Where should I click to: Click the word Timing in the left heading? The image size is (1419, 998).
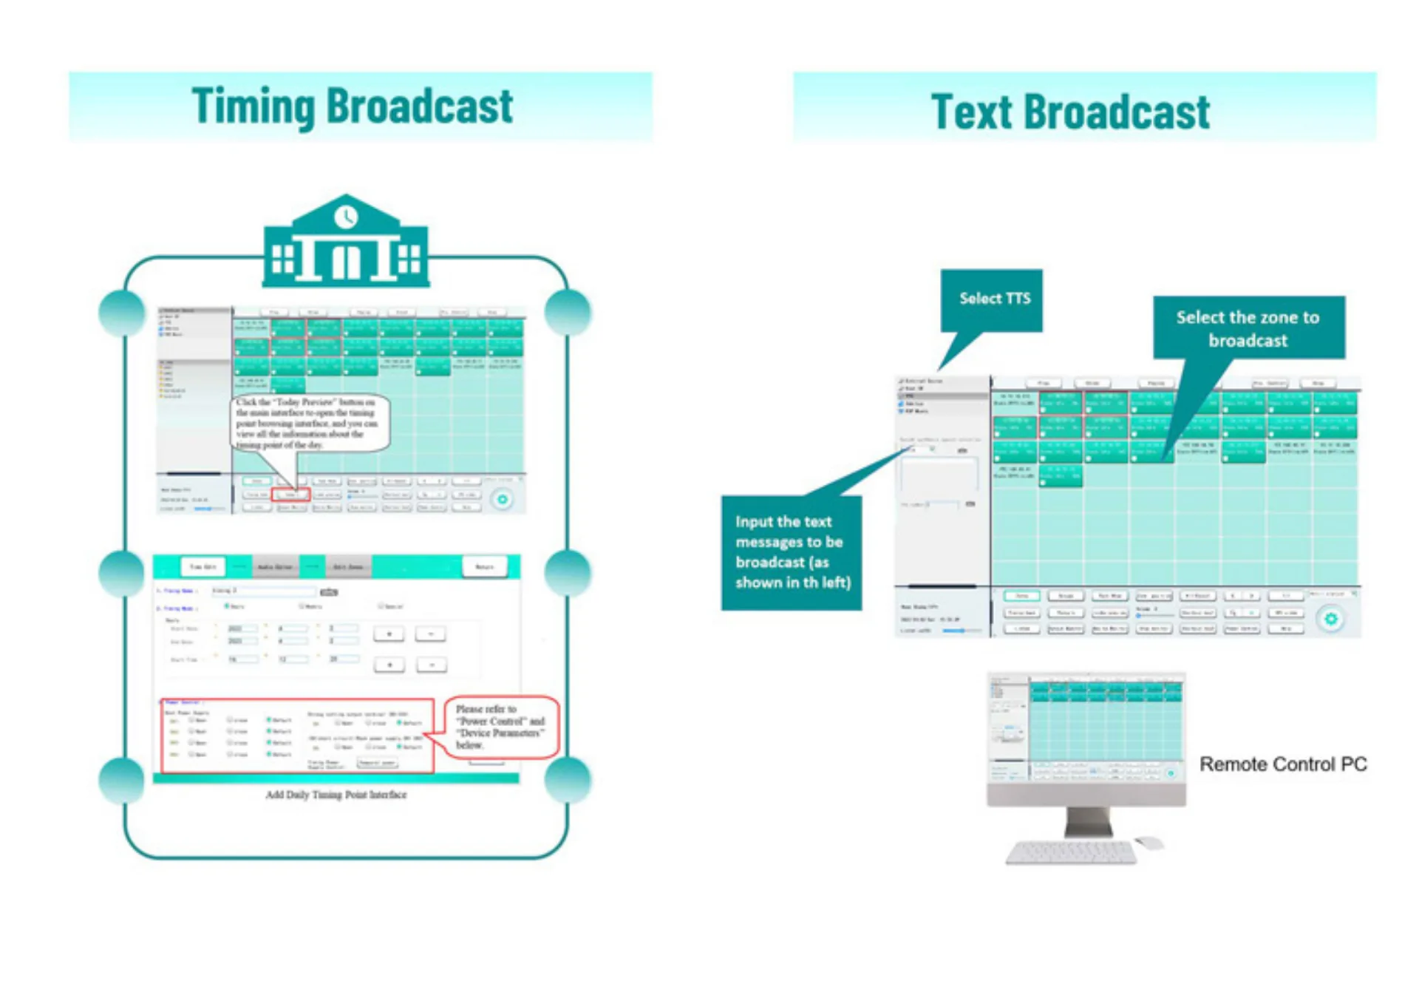click(x=253, y=106)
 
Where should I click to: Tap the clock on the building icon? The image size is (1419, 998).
click(x=346, y=217)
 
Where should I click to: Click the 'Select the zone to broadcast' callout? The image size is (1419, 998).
click(x=1248, y=327)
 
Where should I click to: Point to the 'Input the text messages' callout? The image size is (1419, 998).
click(x=792, y=552)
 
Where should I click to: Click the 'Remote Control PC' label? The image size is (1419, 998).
click(x=1282, y=764)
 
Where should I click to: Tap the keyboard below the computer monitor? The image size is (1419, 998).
click(x=1071, y=852)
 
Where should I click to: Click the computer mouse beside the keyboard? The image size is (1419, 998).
click(x=1149, y=842)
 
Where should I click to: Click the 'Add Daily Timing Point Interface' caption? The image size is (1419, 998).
click(x=336, y=795)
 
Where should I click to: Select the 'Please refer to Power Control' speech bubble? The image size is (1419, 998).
click(x=500, y=727)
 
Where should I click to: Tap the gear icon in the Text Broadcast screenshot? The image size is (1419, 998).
click(x=1330, y=619)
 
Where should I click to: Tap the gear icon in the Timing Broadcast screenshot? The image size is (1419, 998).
click(x=503, y=500)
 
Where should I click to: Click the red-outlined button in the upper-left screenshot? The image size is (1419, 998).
click(x=290, y=495)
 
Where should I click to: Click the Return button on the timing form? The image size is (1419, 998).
click(x=485, y=567)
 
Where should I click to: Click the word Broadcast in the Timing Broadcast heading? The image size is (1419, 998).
click(x=419, y=106)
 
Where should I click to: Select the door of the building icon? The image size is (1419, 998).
click(x=345, y=261)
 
